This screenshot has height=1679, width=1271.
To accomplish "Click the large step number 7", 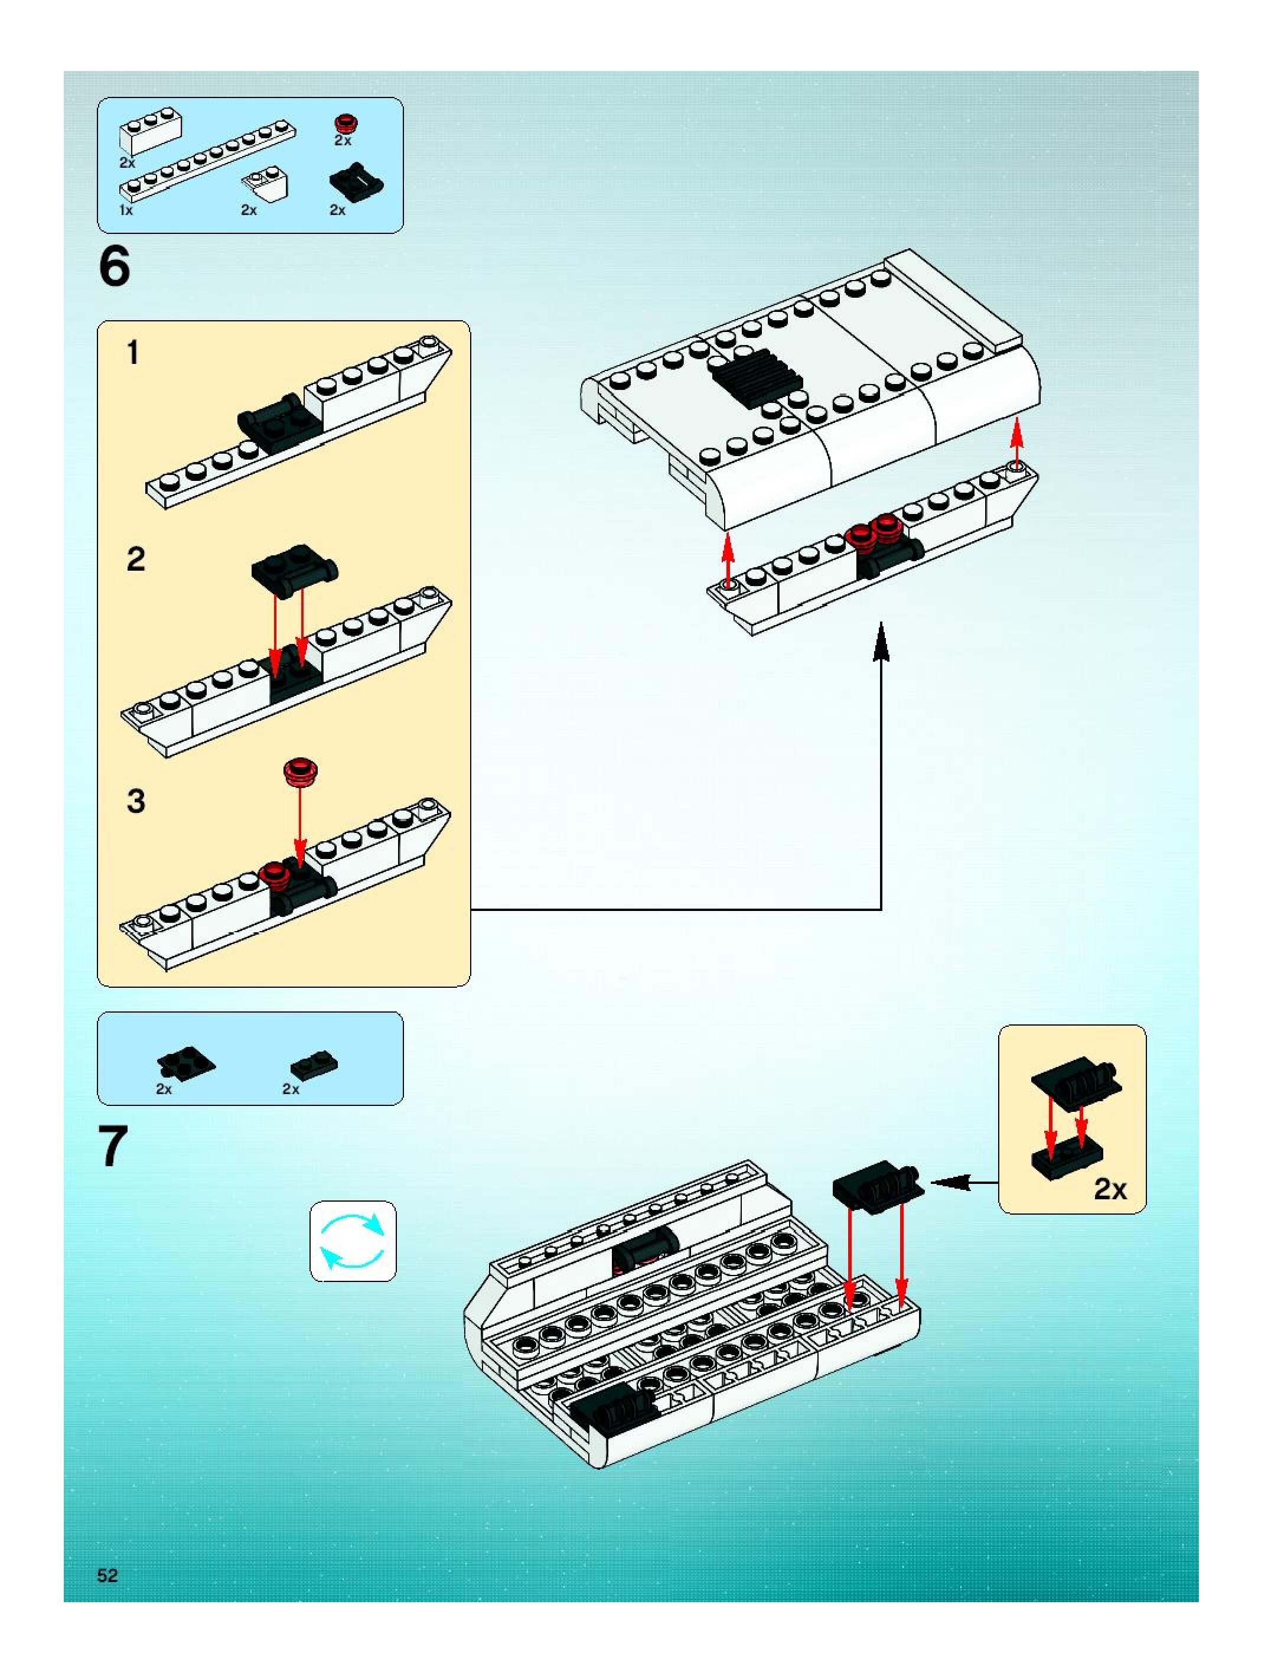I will pyautogui.click(x=113, y=1148).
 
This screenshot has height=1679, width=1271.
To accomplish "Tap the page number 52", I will pyautogui.click(x=107, y=1575).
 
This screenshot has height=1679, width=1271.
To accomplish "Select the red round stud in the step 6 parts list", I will pyautogui.click(x=346, y=123).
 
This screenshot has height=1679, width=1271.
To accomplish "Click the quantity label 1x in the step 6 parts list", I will pyautogui.click(x=126, y=210).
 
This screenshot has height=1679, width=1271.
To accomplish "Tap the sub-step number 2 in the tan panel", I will pyautogui.click(x=135, y=559).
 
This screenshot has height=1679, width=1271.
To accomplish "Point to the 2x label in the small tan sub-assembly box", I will pyautogui.click(x=1109, y=1189).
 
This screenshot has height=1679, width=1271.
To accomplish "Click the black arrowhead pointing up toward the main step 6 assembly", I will pyautogui.click(x=881, y=642).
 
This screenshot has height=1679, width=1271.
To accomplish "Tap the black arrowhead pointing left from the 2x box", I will pyautogui.click(x=945, y=1182).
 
